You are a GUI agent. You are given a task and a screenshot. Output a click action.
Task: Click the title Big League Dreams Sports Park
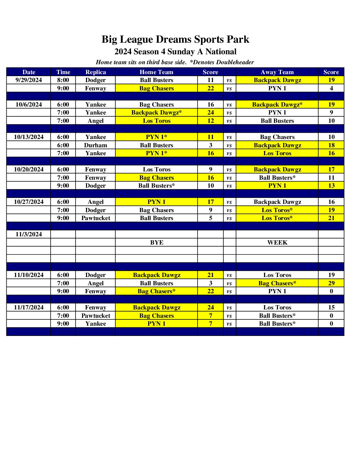tap(175, 39)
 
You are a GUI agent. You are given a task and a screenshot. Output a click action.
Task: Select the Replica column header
tap(96, 72)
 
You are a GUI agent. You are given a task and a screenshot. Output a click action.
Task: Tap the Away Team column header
tap(277, 72)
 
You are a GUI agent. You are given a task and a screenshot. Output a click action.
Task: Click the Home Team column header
tap(156, 72)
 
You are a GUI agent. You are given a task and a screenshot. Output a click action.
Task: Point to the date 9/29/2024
tap(29, 80)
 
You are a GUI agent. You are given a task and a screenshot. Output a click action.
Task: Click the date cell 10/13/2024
tap(29, 137)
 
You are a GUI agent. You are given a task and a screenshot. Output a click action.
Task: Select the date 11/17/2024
tap(29, 307)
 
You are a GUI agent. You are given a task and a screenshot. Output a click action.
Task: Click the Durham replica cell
tap(96, 145)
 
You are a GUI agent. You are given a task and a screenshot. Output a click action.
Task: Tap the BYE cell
tap(157, 243)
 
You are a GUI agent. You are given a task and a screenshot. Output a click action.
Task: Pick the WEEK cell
tap(277, 243)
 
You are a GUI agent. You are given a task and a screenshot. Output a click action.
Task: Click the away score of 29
tap(331, 283)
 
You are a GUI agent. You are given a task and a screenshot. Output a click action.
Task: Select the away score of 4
tap(331, 88)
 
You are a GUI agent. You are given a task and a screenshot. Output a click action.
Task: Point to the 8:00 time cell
tap(63, 80)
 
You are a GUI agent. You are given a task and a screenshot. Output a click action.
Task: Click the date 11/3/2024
tap(29, 234)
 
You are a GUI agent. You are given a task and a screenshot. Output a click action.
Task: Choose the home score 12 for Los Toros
tap(210, 121)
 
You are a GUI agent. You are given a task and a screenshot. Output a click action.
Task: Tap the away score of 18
tap(331, 145)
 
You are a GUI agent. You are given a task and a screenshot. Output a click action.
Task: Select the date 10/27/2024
tap(29, 202)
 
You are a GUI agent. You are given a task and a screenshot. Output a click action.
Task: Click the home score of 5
tap(210, 218)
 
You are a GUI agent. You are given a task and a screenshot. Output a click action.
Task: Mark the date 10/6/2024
tap(29, 105)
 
